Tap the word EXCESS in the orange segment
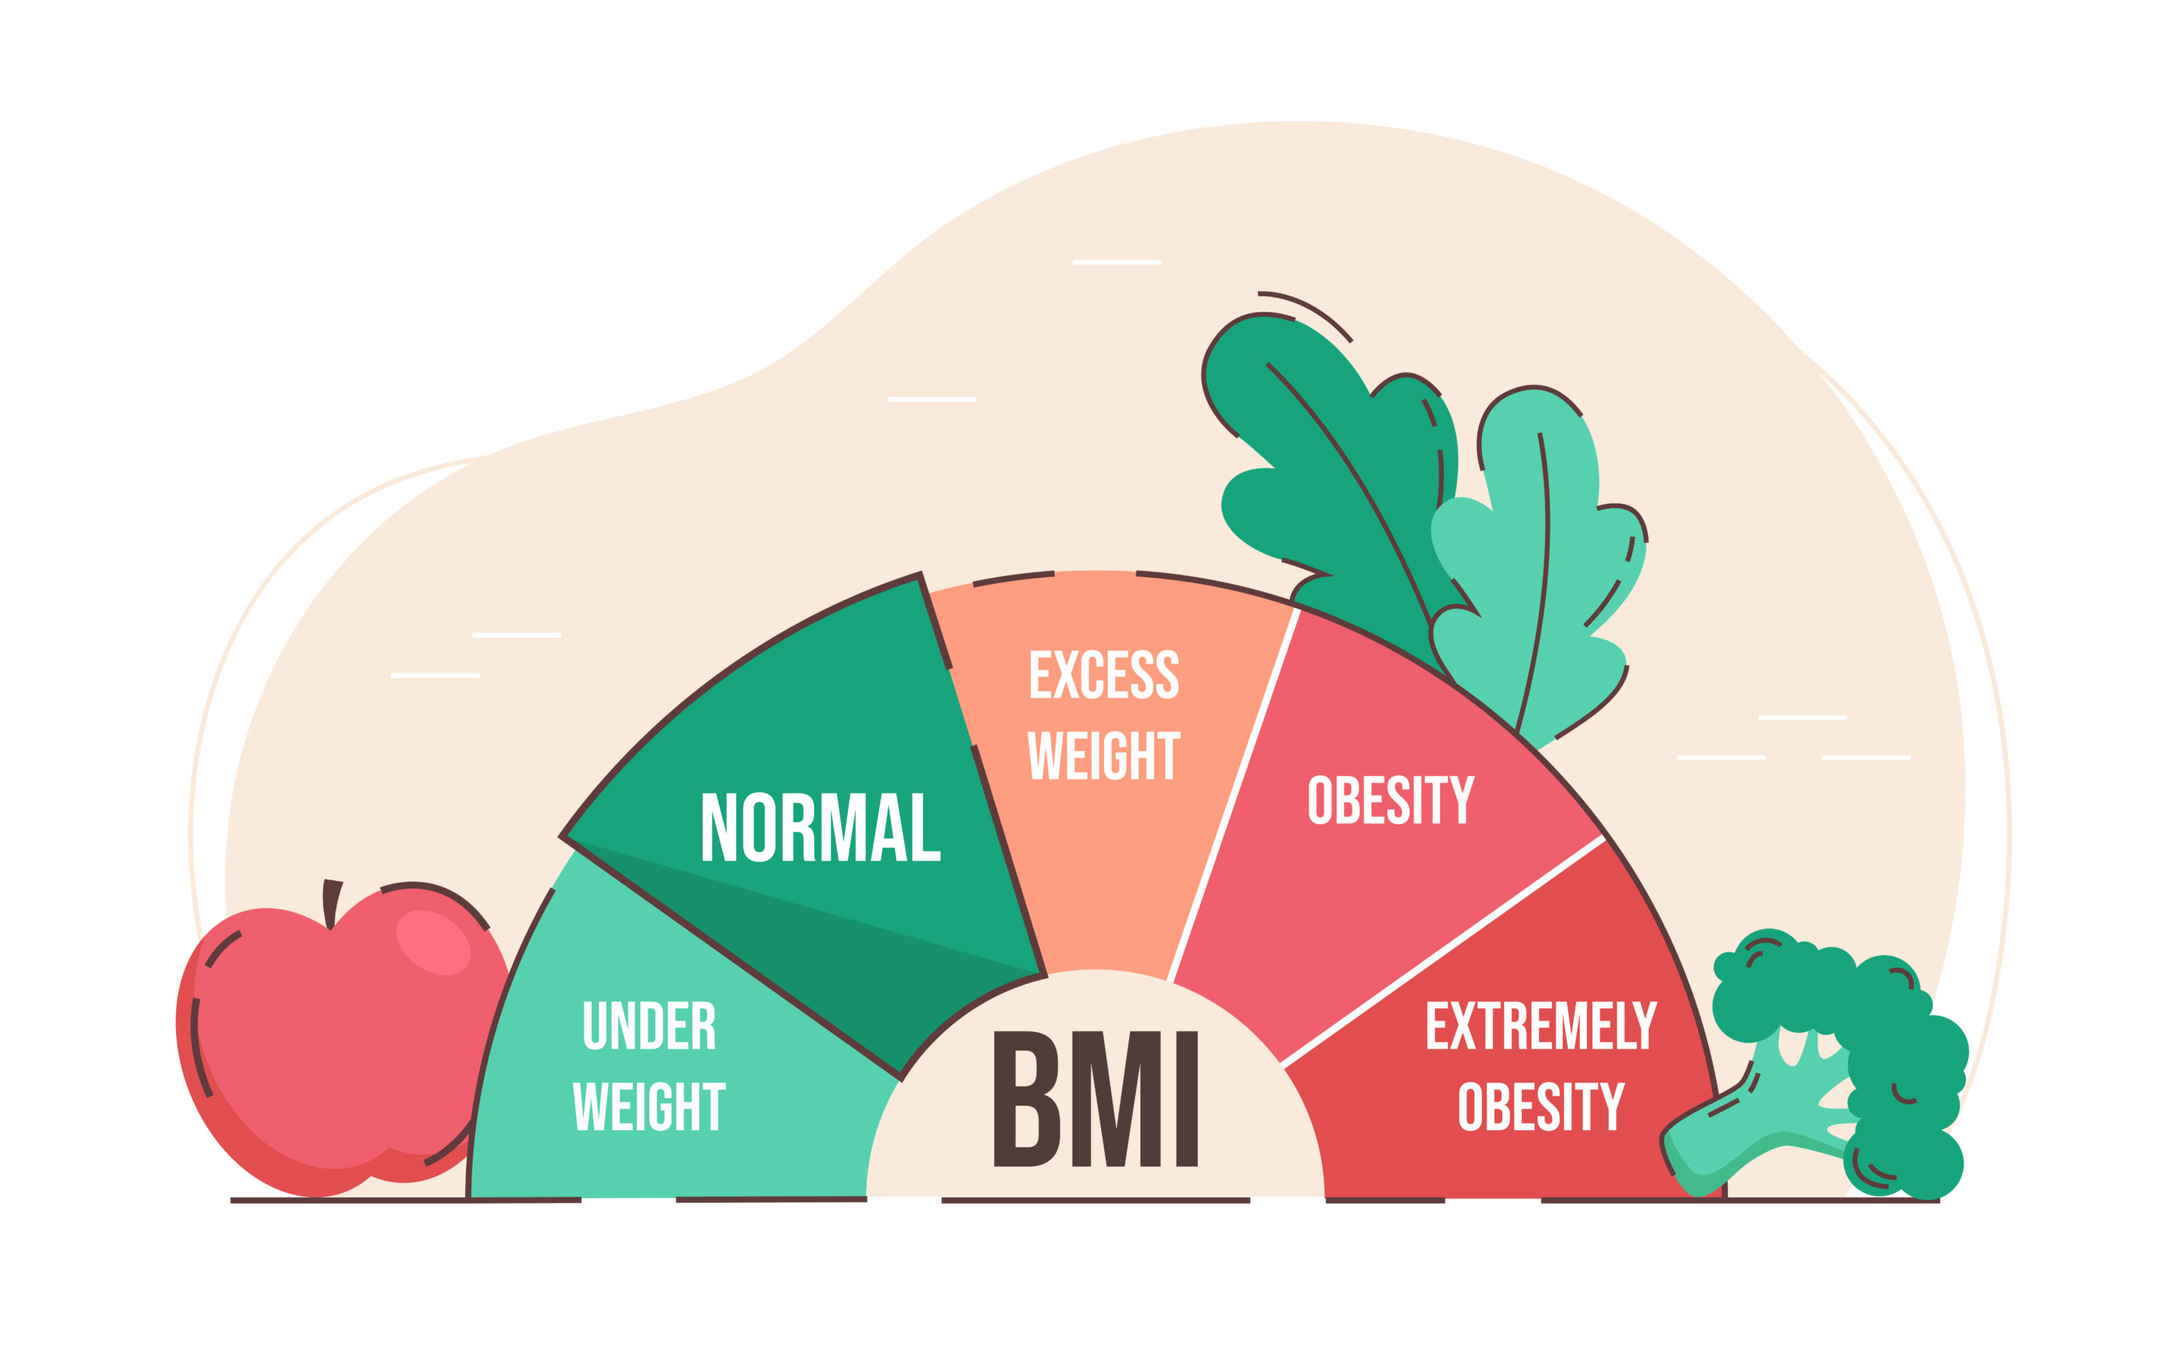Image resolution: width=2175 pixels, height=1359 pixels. point(1103,674)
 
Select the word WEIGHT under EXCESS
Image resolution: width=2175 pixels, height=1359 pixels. point(1103,755)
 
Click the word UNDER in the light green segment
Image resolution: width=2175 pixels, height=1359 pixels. point(649,1025)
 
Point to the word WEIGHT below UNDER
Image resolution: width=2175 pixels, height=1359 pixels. point(649,1105)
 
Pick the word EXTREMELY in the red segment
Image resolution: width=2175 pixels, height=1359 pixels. point(1541,1025)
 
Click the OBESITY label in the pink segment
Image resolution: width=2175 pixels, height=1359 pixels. point(1391,800)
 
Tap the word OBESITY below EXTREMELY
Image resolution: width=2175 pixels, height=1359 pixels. point(1541,1105)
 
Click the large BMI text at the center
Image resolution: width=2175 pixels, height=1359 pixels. point(1096,1099)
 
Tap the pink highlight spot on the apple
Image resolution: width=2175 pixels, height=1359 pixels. point(433,942)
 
